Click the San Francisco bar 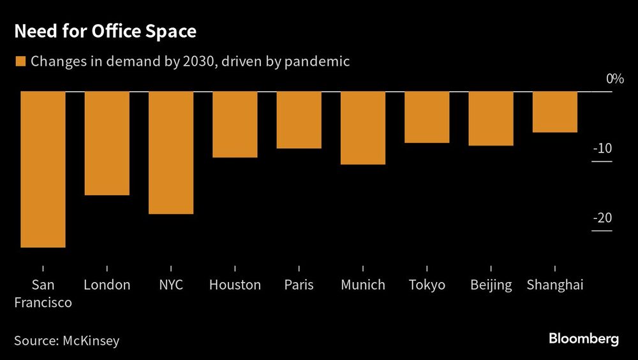tap(43, 169)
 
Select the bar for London tap(107, 143)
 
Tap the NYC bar tap(171, 153)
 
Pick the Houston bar tap(235, 124)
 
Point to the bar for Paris tap(299, 120)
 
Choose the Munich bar tap(363, 128)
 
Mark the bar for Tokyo tap(427, 117)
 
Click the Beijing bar tap(491, 119)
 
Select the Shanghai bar tap(555, 112)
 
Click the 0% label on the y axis tap(614, 79)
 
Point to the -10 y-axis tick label tap(602, 148)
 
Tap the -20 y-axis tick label tap(602, 218)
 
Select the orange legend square tap(20, 62)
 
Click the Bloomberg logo tap(584, 339)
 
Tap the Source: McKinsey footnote tap(66, 340)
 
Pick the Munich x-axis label tap(363, 285)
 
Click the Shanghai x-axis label tap(555, 285)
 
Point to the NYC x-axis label tap(171, 285)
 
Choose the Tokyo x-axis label tap(427, 285)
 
